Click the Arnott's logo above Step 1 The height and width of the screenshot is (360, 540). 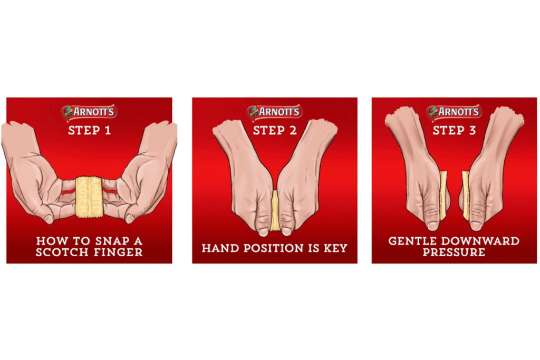pyautogui.click(x=89, y=112)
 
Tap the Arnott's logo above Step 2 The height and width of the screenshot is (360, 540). pyautogui.click(x=274, y=112)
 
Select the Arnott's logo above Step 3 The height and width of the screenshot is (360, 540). pyautogui.click(x=454, y=112)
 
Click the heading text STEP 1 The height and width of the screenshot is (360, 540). pyautogui.click(x=89, y=130)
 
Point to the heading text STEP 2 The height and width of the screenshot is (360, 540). pyautogui.click(x=274, y=130)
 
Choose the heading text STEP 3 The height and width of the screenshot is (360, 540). pyautogui.click(x=454, y=130)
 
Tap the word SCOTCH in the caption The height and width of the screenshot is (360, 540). pyautogui.click(x=60, y=252)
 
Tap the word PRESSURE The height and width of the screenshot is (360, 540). pyautogui.click(x=454, y=252)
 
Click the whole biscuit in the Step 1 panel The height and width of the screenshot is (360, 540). pyautogui.click(x=89, y=196)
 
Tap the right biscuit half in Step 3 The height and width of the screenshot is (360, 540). pyautogui.click(x=466, y=195)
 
